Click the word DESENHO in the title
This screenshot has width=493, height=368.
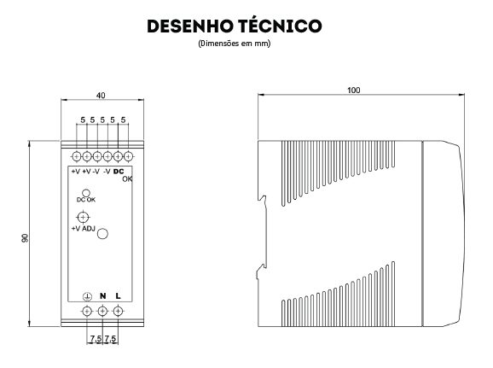coord(189,26)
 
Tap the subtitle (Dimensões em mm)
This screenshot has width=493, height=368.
coord(235,44)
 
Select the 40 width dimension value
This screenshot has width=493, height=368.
coord(101,95)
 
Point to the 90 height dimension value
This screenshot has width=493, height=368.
coord(25,238)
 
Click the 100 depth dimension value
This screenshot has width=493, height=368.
coord(354,90)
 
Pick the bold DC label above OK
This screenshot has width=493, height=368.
coord(119,172)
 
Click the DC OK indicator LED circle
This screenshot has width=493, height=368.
coord(86,193)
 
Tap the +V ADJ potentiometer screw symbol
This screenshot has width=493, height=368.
coord(83,217)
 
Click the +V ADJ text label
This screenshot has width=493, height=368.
coord(83,229)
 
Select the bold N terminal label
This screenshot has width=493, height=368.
coord(102,296)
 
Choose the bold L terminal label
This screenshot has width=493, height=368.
coord(118,296)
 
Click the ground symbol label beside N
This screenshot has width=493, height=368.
coord(87,296)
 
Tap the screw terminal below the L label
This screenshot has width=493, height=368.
coord(118,312)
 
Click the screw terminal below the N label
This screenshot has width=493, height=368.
coord(102,312)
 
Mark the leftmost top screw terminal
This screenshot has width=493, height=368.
coord(77,156)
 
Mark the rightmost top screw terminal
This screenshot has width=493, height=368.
coord(128,156)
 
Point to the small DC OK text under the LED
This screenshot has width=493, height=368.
coord(86,200)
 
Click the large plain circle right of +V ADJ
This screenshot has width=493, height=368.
coord(102,234)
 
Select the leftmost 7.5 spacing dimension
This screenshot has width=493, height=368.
coord(96,339)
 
